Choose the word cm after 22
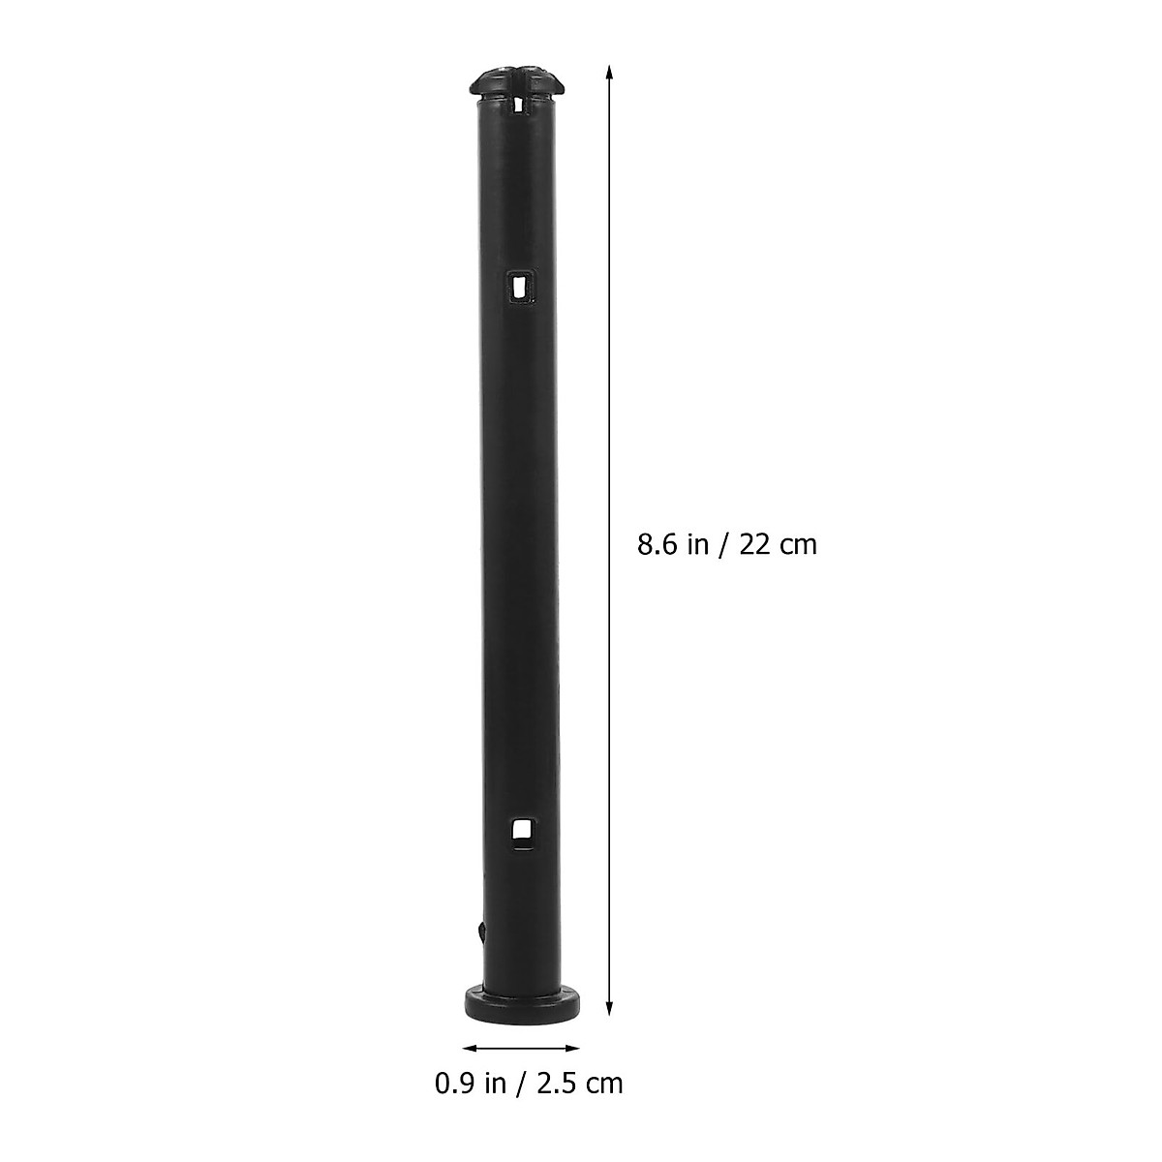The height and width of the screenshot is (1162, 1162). tap(799, 545)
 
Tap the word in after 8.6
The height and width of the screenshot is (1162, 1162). tap(696, 544)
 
